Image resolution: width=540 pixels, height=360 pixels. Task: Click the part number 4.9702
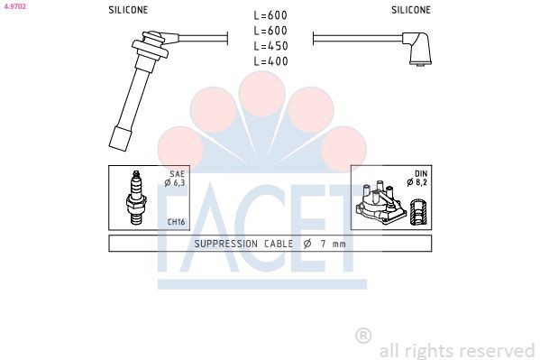click(x=14, y=5)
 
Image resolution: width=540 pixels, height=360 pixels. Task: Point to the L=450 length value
click(x=270, y=46)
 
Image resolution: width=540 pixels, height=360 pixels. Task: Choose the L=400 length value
click(x=270, y=61)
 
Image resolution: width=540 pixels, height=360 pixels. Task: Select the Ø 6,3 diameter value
click(x=174, y=183)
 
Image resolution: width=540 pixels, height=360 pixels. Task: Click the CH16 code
click(x=176, y=221)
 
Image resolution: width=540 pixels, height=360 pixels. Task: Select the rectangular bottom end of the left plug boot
click(x=118, y=139)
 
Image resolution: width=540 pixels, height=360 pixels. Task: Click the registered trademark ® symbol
click(x=363, y=336)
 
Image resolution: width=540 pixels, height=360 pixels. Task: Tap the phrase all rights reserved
click(x=457, y=350)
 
